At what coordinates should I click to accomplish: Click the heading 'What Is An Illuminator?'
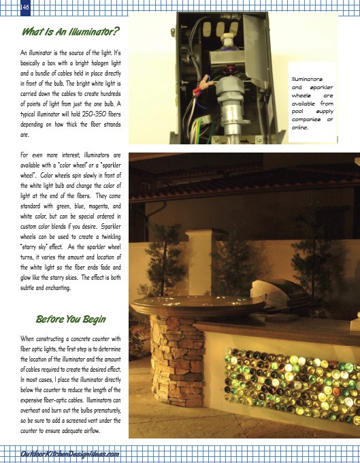coord(71,31)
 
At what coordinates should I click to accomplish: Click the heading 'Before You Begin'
coord(71,319)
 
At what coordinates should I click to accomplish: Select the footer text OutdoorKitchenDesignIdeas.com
coord(71,454)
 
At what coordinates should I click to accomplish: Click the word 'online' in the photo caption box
coord(300,127)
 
